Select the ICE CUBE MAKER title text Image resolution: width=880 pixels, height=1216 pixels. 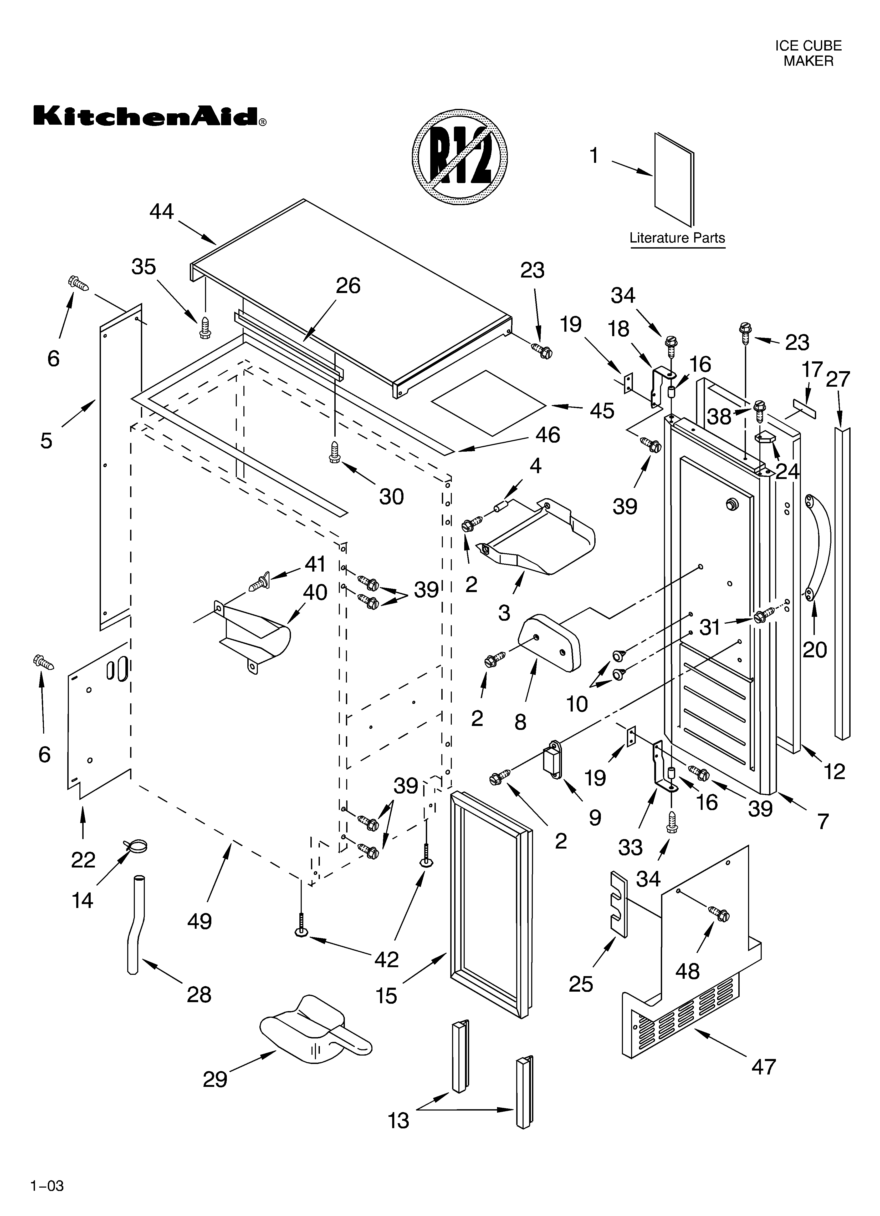(x=808, y=54)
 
